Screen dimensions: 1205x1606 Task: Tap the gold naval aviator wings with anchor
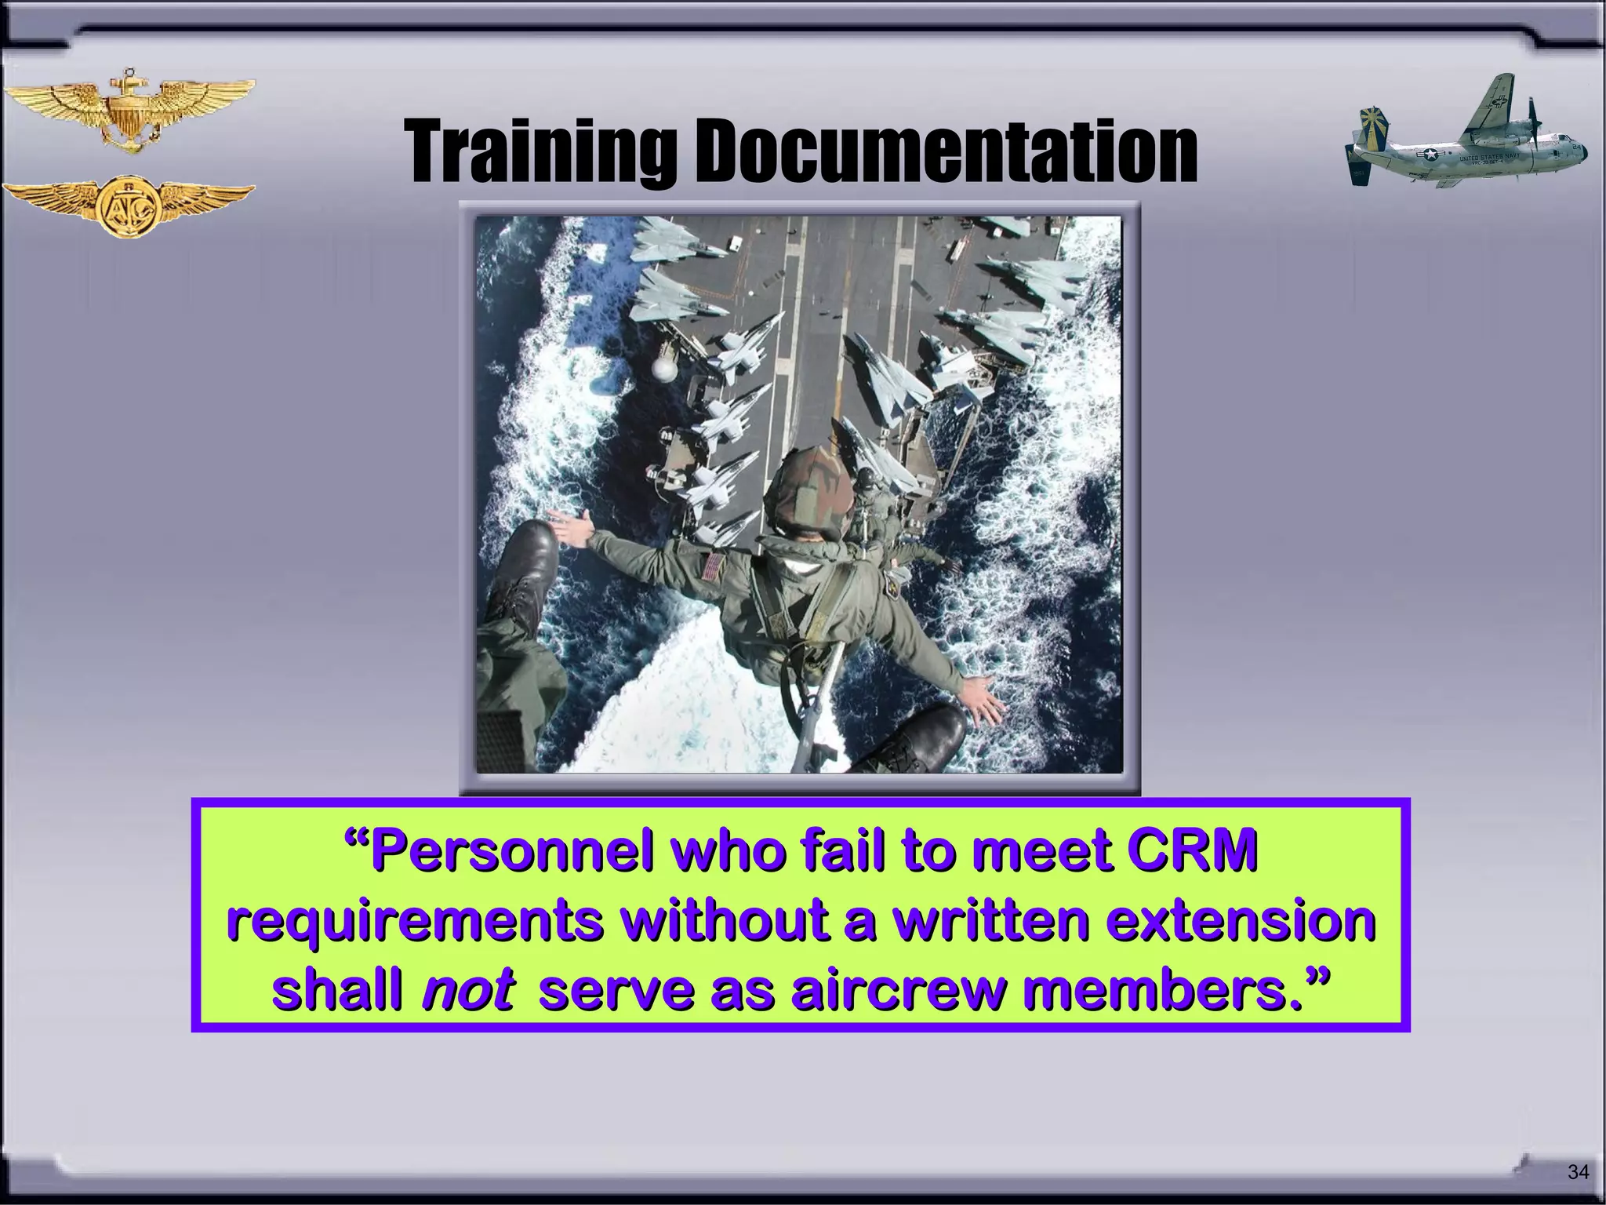click(129, 110)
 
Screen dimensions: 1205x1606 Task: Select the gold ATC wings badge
click(129, 206)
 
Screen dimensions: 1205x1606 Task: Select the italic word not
click(467, 992)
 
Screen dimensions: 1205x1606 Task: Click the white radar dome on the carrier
click(667, 369)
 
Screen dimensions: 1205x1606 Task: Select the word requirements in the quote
click(416, 922)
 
